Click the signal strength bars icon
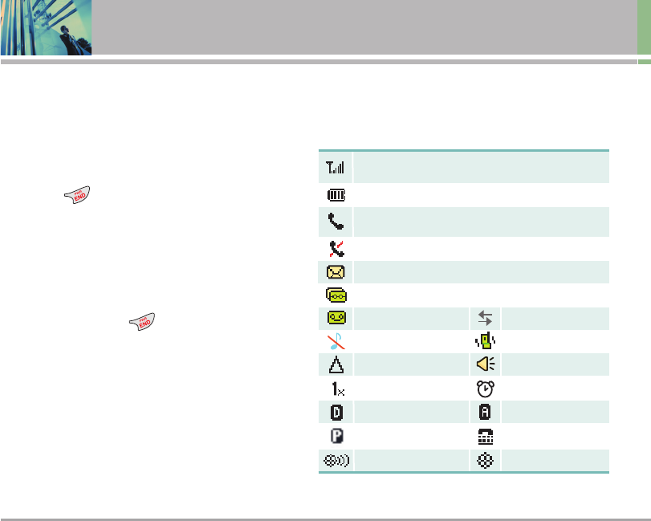point(335,169)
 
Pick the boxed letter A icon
point(485,413)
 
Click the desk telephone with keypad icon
point(485,437)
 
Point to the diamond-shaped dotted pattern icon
point(485,462)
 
